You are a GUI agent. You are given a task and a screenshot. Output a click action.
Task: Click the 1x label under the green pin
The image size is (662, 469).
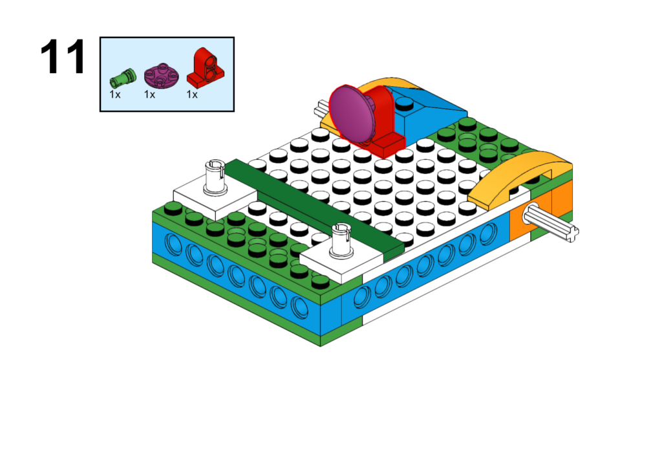tap(114, 94)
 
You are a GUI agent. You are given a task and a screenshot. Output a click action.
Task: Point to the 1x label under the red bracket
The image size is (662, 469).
tap(192, 94)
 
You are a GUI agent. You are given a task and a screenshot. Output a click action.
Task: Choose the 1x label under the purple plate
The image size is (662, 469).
tap(149, 94)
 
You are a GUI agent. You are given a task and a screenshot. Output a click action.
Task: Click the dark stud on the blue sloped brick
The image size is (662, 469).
tap(405, 102)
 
